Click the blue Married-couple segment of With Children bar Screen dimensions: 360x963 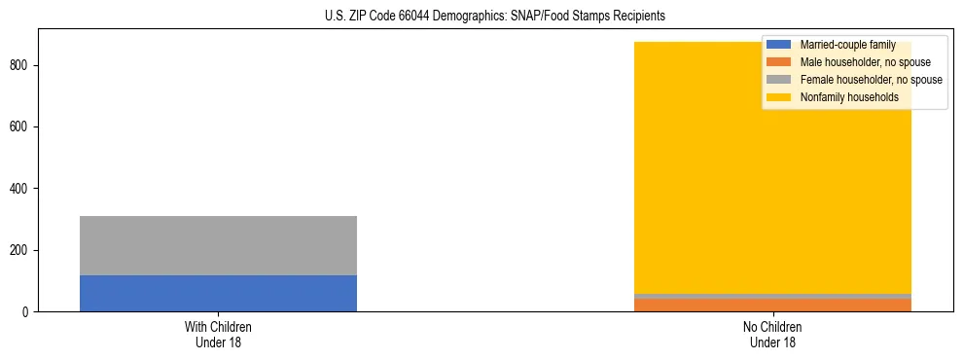click(x=218, y=293)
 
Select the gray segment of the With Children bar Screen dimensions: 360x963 click(x=218, y=245)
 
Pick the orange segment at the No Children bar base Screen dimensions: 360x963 click(x=772, y=305)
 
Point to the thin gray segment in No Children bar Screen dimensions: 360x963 click(x=772, y=296)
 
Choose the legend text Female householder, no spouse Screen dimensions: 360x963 click(x=871, y=80)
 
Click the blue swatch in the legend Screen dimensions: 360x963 click(x=779, y=45)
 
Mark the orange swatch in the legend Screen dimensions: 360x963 click(x=779, y=62)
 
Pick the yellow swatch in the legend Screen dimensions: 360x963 click(x=779, y=97)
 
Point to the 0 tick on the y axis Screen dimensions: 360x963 click(x=26, y=312)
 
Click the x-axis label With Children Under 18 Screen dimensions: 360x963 click(x=218, y=334)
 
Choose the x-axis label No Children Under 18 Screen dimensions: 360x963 click(x=772, y=334)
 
